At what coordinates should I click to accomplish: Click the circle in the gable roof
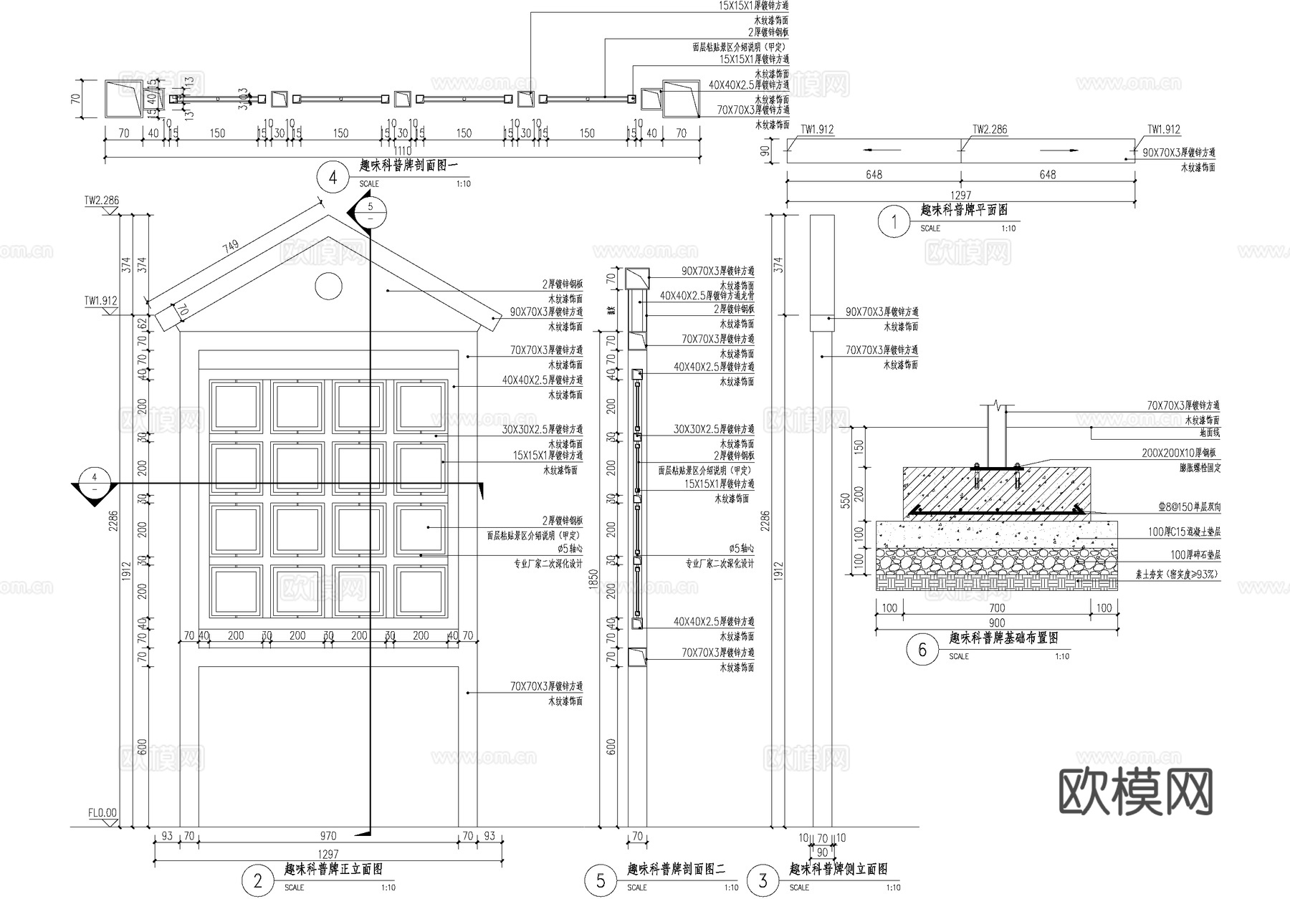click(328, 286)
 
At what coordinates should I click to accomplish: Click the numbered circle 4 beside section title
click(333, 177)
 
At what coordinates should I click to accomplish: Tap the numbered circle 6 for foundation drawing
click(922, 650)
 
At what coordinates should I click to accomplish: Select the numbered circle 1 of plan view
click(894, 222)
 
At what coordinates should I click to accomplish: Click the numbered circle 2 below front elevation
click(258, 881)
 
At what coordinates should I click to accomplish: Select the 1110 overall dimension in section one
click(402, 150)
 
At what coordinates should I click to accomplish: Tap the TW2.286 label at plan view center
click(990, 130)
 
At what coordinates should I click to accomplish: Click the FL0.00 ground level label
click(102, 813)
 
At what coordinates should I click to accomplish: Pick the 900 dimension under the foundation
click(996, 623)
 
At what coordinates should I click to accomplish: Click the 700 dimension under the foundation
click(996, 608)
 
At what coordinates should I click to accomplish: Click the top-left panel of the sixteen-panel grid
click(235, 406)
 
